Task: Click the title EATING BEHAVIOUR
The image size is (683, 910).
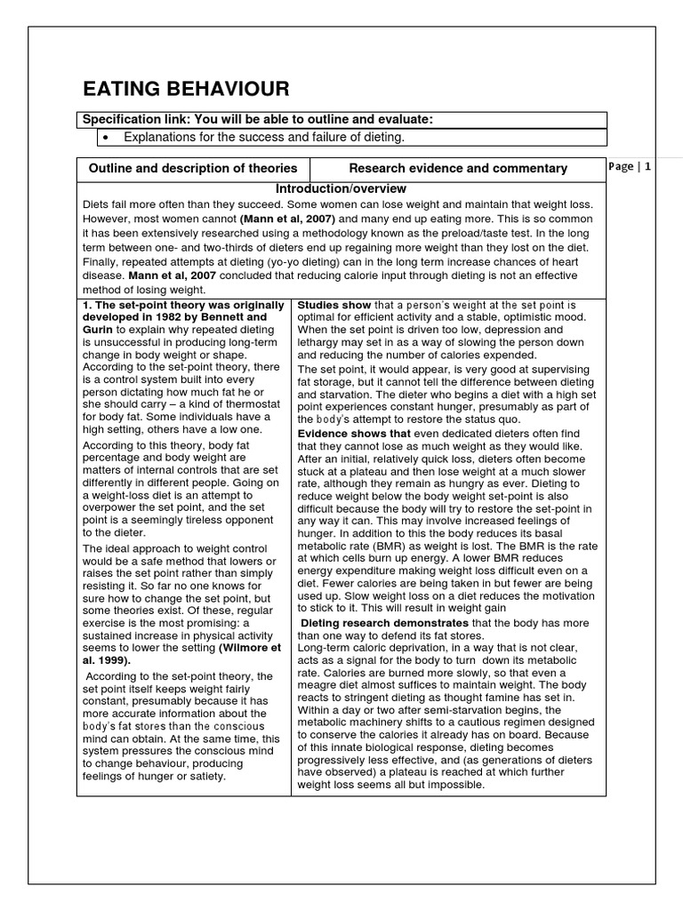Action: [186, 88]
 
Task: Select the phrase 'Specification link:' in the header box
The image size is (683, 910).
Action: [137, 120]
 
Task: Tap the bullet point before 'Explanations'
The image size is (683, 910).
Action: [106, 137]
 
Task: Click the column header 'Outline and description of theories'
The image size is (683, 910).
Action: [193, 168]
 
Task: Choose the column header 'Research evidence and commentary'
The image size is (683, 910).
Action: [457, 168]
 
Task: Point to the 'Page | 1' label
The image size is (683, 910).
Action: [631, 166]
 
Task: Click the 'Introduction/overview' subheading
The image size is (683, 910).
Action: [341, 189]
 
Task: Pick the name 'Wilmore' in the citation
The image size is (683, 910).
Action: [257, 648]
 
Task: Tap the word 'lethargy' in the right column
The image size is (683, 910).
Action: [322, 342]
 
